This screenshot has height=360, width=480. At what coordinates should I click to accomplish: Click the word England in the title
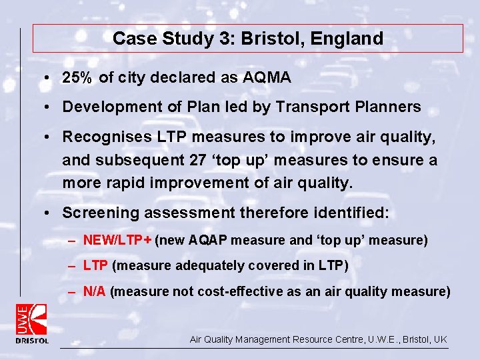tap(351, 39)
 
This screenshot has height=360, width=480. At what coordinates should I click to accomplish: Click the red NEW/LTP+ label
tap(117, 240)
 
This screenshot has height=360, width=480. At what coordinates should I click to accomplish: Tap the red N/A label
tap(95, 291)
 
